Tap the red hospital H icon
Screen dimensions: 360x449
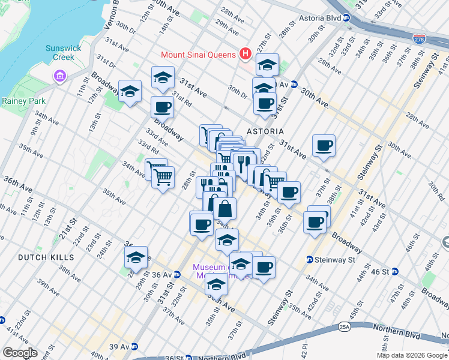(245, 54)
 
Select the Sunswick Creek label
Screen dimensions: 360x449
(60, 53)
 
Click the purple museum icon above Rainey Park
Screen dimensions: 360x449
(59, 76)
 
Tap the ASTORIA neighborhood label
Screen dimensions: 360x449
(264, 130)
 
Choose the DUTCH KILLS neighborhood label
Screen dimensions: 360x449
(46, 257)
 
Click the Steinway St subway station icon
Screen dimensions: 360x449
(309, 260)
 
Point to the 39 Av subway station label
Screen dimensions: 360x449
(120, 347)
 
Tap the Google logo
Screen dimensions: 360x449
(19, 353)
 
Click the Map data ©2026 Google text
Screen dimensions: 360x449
(412, 355)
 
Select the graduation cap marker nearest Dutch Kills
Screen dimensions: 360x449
(136, 257)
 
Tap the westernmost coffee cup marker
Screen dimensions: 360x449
(162, 108)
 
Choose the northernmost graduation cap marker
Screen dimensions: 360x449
(267, 65)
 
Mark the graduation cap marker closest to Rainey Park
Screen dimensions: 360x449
(130, 92)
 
